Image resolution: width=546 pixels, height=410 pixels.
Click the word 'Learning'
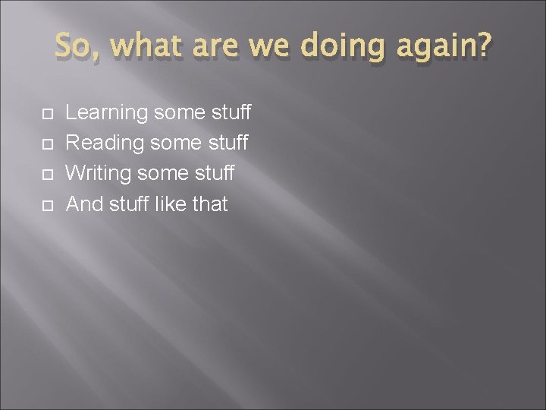tap(106, 114)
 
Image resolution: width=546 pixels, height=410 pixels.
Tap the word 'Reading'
tap(105, 144)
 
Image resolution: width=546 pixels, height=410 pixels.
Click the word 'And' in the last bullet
tap(86, 203)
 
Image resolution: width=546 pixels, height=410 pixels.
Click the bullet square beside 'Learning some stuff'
tap(47, 115)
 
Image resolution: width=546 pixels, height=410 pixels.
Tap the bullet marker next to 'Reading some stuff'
tap(47, 145)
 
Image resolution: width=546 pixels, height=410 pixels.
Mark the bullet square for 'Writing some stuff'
tap(47, 175)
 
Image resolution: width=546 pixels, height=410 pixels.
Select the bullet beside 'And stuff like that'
tap(47, 205)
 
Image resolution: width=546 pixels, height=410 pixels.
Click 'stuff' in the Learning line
tap(231, 114)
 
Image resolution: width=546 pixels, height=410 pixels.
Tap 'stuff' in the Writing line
tap(215, 174)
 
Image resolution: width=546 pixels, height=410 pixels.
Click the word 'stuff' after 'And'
tap(133, 203)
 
